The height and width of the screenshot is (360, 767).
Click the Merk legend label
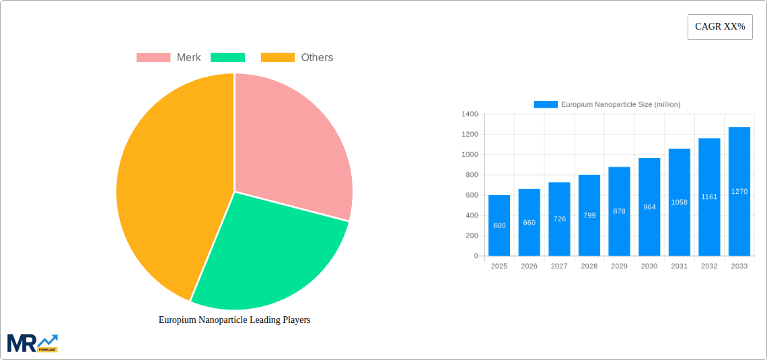[x=188, y=57]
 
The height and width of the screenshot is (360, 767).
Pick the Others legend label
[x=317, y=57]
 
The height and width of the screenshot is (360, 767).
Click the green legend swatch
[x=227, y=57]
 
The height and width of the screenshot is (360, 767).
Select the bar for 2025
[x=499, y=225]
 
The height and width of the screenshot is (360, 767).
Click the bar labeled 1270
[x=739, y=191]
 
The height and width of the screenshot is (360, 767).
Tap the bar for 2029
[x=619, y=211]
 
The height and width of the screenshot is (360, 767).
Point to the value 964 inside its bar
[x=649, y=207]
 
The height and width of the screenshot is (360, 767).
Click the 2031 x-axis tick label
[x=679, y=266]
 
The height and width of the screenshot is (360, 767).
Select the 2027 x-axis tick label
[x=559, y=266]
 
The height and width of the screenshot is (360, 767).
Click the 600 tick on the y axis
[x=471, y=195]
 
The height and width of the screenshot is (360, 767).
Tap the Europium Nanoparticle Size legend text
[x=620, y=104]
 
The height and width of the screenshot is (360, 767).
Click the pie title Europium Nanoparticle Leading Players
[x=234, y=320]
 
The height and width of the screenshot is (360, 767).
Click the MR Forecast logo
[x=32, y=343]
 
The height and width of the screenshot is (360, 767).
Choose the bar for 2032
[x=709, y=196]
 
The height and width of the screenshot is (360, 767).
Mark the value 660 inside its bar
[x=529, y=222]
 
